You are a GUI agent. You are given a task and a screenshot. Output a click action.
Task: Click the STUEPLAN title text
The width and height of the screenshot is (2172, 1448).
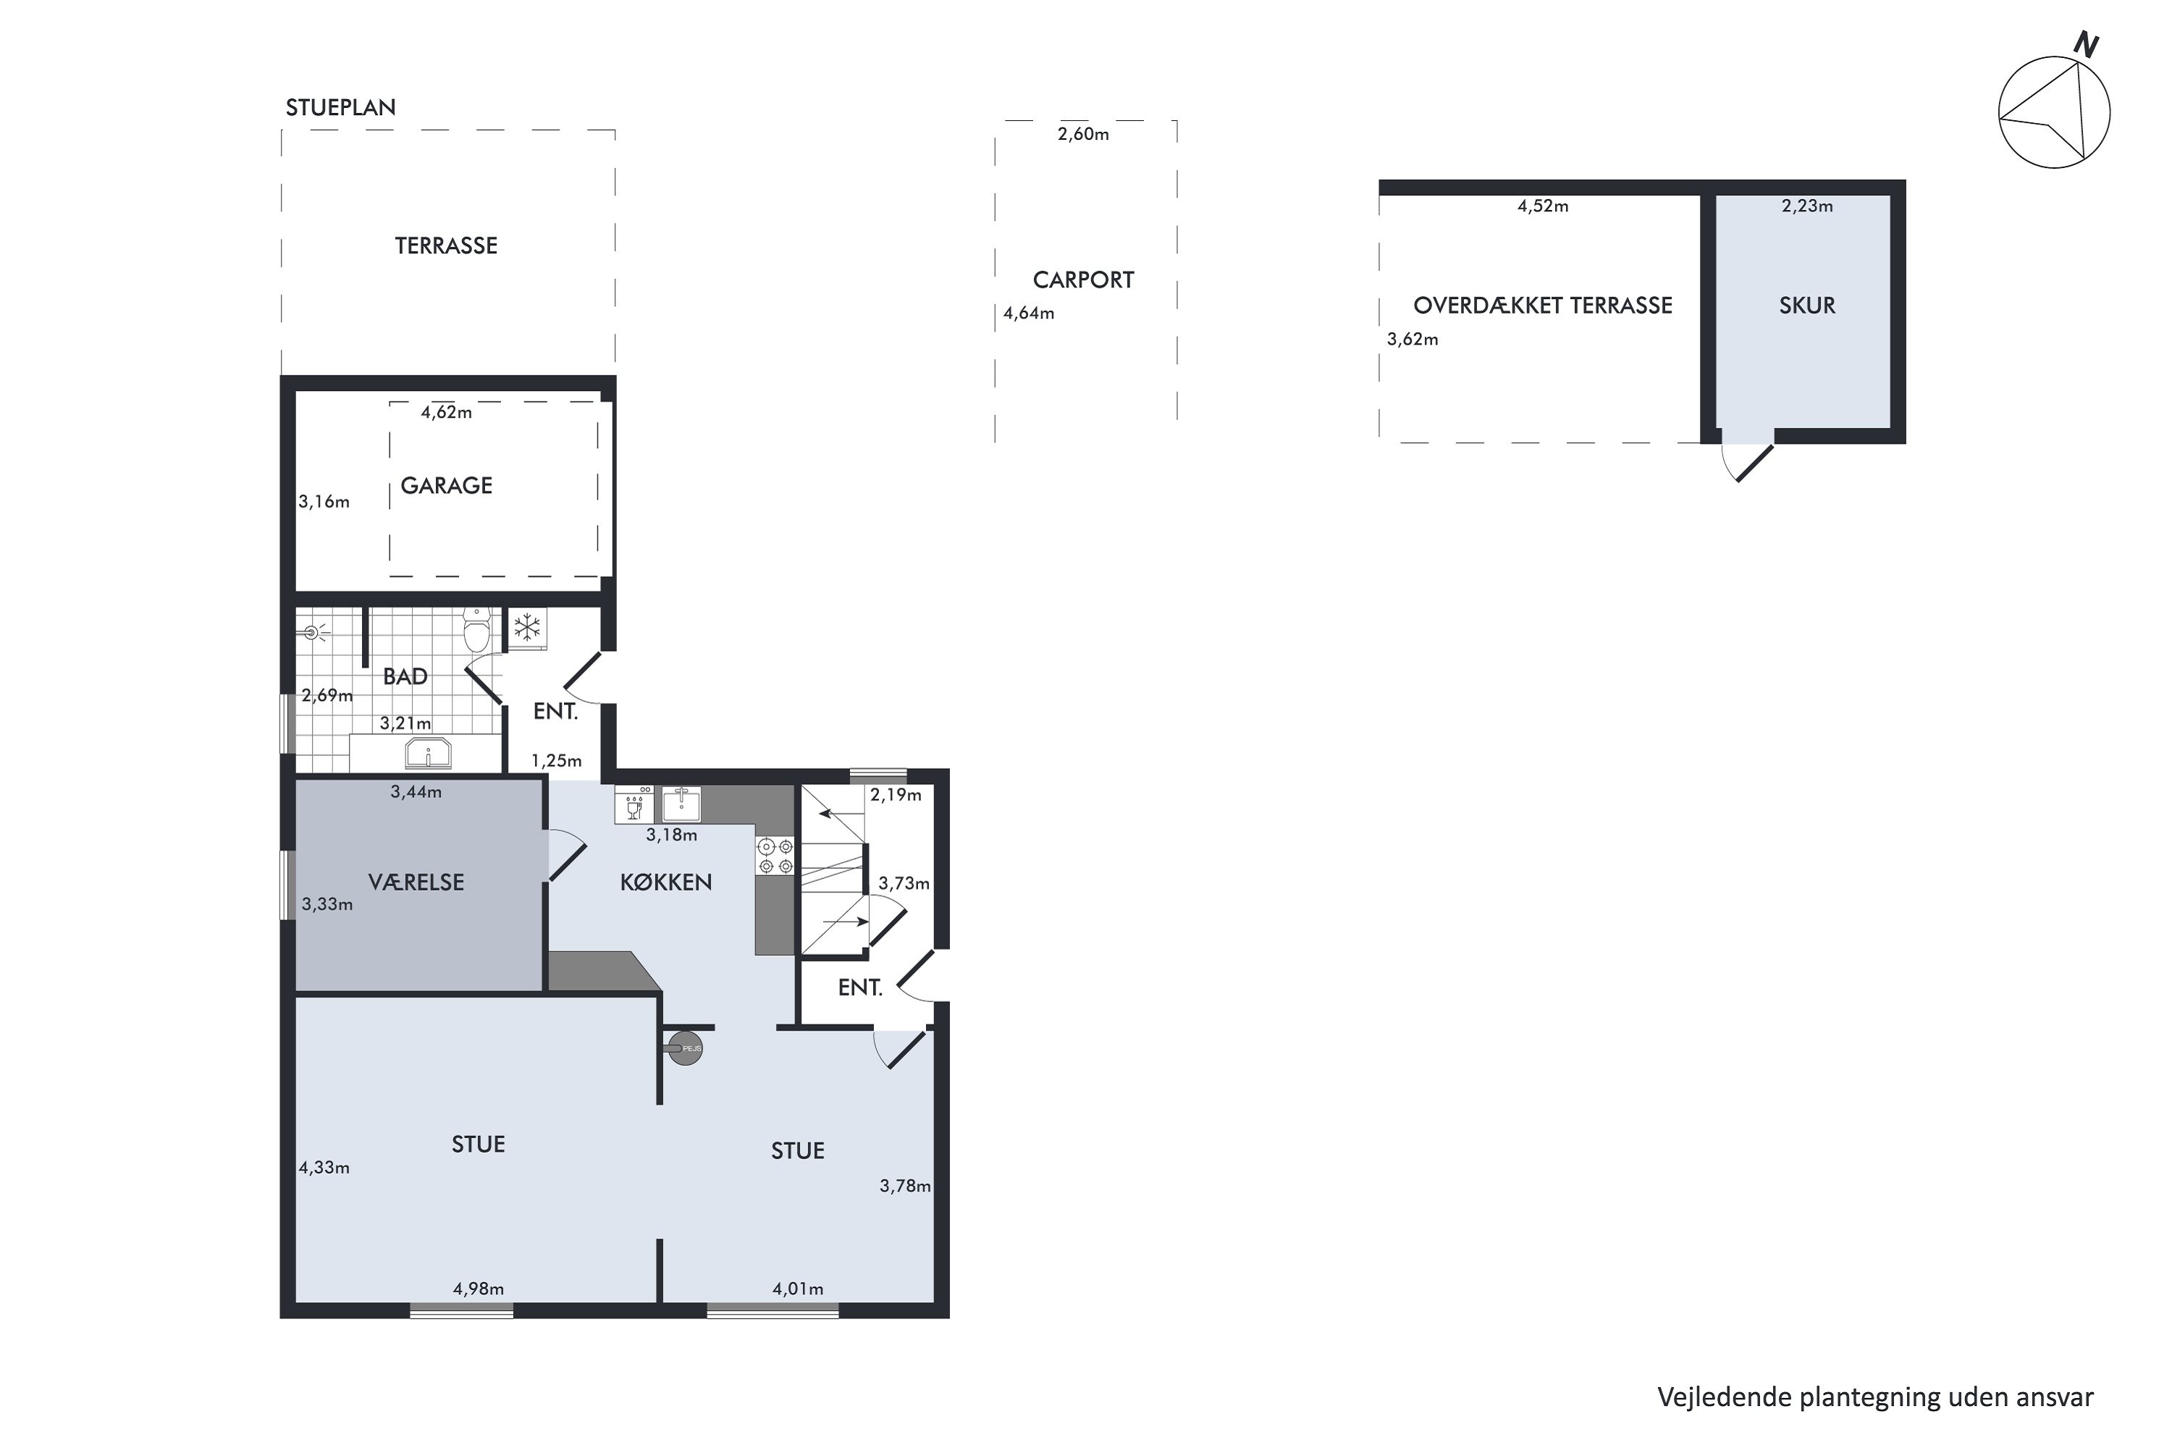(341, 107)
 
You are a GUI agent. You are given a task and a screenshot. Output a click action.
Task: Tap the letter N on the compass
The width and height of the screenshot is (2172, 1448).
(2085, 43)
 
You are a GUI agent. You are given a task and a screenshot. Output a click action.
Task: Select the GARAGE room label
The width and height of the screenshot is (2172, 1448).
(446, 486)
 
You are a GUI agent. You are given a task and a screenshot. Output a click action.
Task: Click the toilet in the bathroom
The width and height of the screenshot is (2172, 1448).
(476, 630)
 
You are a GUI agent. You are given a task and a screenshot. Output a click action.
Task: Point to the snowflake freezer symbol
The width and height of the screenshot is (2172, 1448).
(527, 628)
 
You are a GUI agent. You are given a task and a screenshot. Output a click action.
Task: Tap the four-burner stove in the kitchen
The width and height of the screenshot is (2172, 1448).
(775, 855)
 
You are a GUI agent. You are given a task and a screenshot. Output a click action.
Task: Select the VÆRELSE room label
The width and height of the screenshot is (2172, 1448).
(416, 882)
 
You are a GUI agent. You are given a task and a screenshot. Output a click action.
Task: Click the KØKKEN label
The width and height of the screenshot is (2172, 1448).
(666, 882)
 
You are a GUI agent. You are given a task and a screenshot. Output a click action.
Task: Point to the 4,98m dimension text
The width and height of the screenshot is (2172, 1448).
(479, 1288)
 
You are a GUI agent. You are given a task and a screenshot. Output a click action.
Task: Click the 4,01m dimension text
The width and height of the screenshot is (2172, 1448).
(798, 1288)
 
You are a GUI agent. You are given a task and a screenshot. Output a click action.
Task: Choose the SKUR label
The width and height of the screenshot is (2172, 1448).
(1807, 306)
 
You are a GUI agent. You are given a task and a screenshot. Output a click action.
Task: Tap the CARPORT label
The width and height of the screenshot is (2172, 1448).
(1083, 279)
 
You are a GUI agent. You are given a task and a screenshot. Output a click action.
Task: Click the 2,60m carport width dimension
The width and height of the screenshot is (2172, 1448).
(1083, 134)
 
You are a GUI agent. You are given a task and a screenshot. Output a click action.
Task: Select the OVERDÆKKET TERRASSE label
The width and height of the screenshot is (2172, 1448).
(1542, 306)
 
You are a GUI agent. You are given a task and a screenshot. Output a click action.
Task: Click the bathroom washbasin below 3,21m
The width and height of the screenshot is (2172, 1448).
(428, 754)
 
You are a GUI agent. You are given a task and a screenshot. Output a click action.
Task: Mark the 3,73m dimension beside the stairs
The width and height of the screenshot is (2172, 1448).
(904, 883)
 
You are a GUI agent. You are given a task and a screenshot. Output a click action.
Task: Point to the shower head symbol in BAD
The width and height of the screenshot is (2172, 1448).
(312, 633)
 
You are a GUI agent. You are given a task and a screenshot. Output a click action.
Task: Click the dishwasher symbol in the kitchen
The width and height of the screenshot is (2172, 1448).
(634, 804)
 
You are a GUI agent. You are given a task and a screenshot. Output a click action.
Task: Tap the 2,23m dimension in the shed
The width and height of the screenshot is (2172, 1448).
(1807, 206)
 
